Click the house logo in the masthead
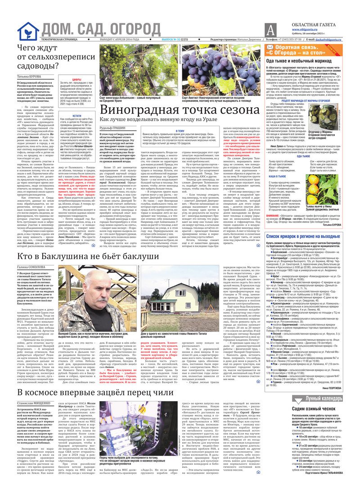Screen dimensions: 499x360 tap(28, 31)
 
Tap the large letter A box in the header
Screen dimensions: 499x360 tap(270, 31)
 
